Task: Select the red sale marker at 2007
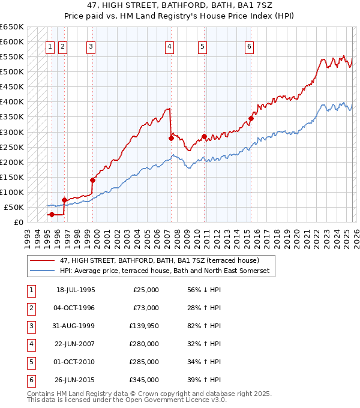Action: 171,138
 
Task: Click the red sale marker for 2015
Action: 251,118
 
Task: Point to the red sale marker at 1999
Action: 92,179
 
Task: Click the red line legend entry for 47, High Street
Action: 159,261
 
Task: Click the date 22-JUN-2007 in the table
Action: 76,344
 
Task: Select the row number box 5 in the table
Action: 31,362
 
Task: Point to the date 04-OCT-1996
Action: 76,308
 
